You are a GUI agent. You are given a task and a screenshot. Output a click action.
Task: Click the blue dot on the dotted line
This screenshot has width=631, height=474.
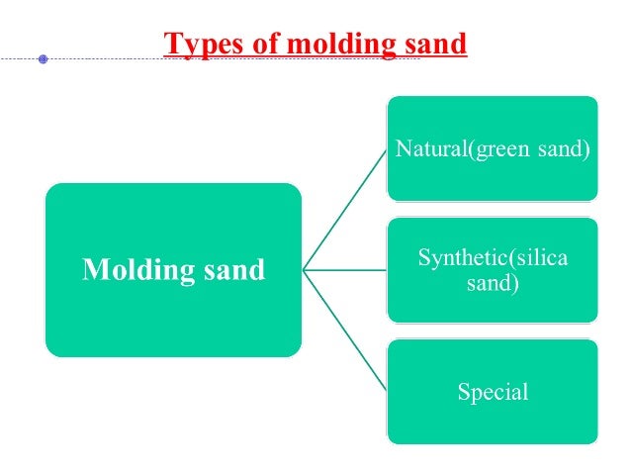coord(43,59)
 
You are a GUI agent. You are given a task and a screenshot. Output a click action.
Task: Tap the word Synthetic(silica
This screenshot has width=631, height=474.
coord(493,258)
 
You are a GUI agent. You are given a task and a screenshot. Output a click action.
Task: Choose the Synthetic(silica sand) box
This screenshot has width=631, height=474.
coord(492,297)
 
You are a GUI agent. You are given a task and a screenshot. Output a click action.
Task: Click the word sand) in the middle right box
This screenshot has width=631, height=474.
coord(493,283)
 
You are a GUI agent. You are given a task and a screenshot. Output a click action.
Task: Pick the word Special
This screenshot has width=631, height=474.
coord(493,392)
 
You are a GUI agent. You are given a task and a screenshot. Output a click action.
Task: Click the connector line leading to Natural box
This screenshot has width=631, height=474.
coord(346,208)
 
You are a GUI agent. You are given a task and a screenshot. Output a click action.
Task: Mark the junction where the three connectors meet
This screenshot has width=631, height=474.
coord(304,270)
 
